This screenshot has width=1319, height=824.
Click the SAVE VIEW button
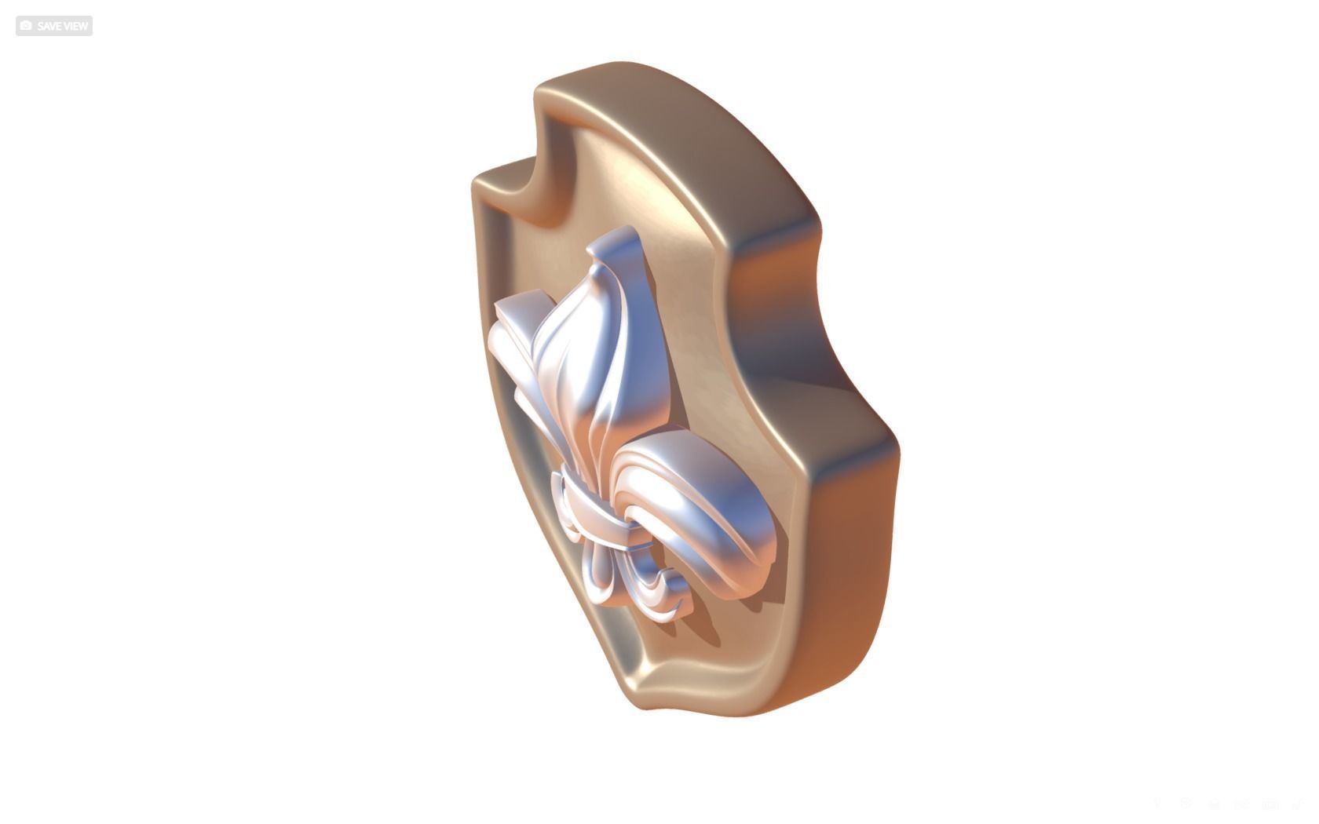[x=54, y=26]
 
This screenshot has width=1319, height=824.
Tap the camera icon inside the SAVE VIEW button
[x=26, y=26]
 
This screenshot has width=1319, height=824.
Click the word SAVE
[x=49, y=26]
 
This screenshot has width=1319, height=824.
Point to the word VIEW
[x=76, y=26]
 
